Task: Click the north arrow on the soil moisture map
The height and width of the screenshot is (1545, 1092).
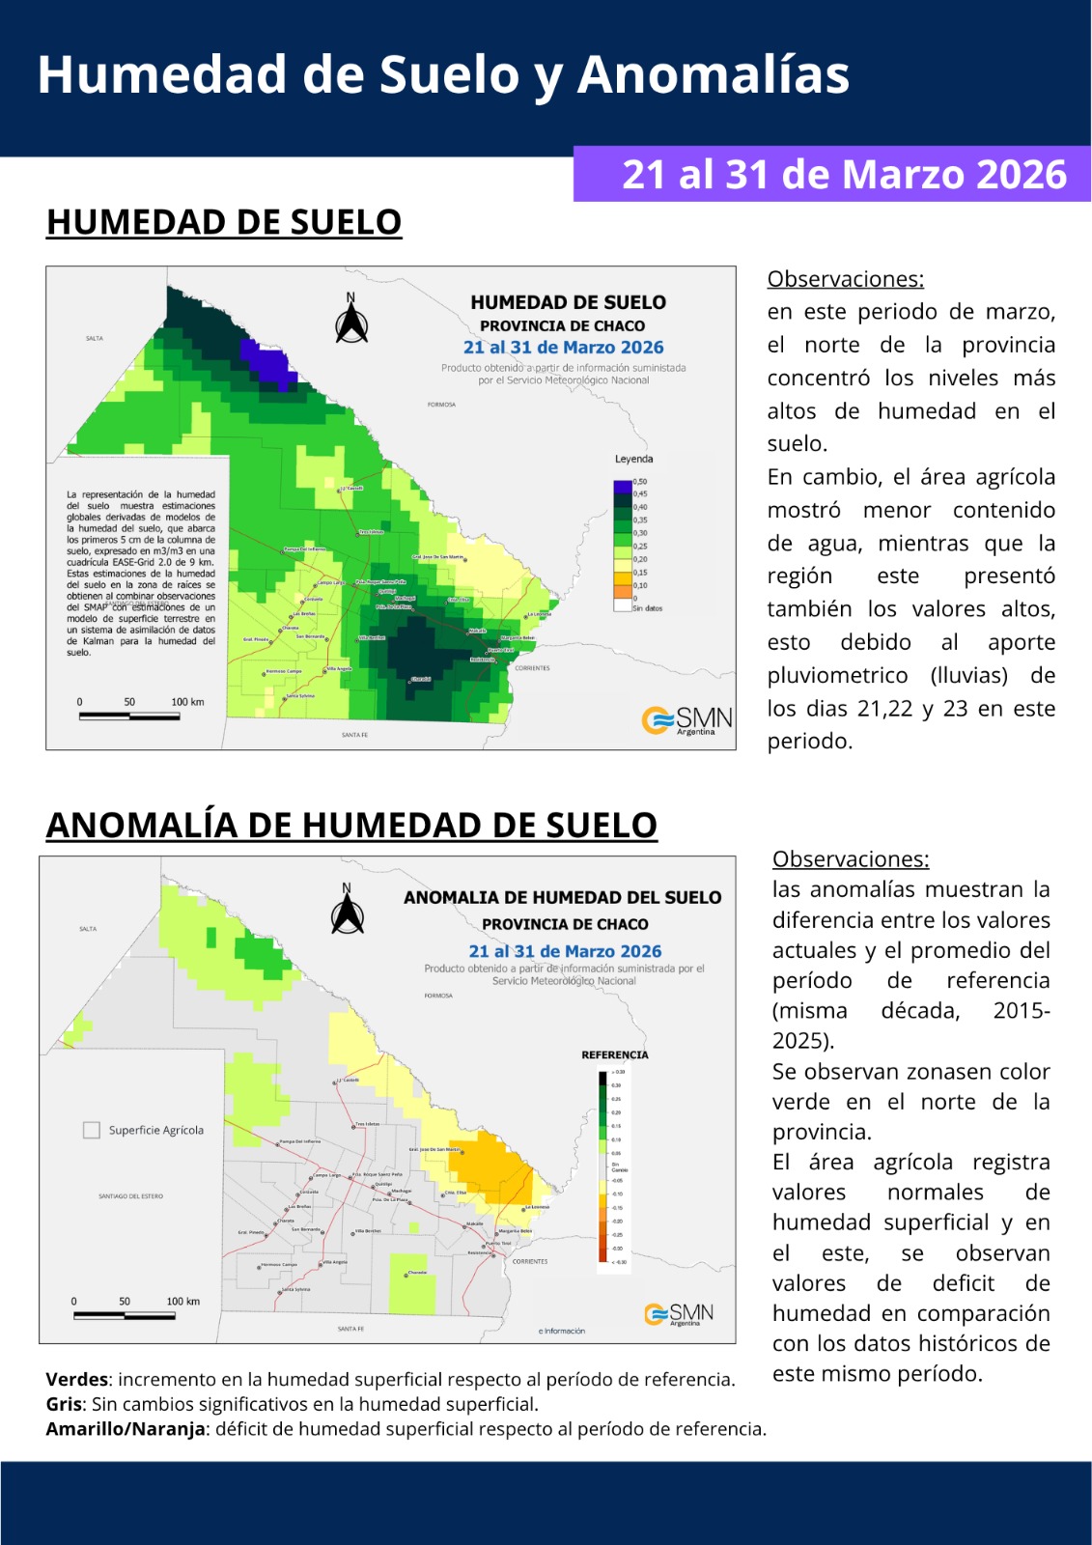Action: [351, 321]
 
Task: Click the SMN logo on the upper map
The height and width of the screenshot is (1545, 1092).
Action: [686, 719]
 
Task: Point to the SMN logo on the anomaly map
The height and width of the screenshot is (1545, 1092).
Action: [679, 1313]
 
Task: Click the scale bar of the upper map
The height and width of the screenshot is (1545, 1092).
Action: [129, 716]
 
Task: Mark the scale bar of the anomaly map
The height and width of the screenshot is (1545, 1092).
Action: [124, 1315]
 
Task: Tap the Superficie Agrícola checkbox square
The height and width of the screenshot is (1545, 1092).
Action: [92, 1130]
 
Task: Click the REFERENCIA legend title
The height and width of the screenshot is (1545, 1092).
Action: [615, 1054]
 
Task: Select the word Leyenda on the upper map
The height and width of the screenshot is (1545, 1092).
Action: [633, 459]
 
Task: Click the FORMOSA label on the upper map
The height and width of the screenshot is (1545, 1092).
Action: [441, 405]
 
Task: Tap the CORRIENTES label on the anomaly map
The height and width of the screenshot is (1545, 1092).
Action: [530, 1261]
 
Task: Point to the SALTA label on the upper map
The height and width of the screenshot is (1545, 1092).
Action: [94, 338]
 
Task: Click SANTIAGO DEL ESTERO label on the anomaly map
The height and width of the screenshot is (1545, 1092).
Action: [130, 1196]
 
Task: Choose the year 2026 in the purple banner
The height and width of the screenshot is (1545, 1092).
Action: [1021, 175]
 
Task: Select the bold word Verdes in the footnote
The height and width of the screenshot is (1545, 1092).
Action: [76, 1379]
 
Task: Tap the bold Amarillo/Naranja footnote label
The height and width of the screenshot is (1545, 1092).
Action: [126, 1428]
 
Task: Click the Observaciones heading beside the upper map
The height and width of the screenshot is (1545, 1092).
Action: [845, 279]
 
